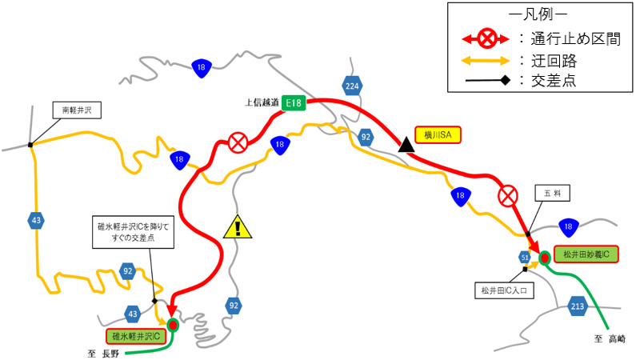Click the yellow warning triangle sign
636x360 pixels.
(x=238, y=228)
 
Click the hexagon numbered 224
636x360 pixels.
(x=352, y=85)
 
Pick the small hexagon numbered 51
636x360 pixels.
(x=525, y=257)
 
